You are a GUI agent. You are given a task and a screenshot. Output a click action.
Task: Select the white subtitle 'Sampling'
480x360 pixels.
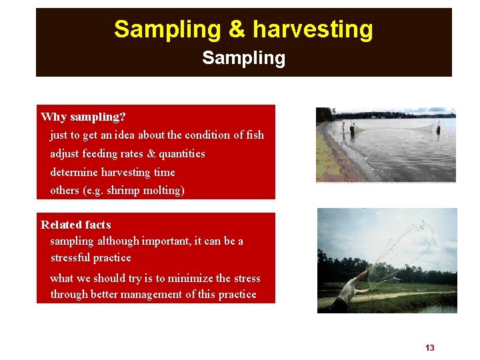243,58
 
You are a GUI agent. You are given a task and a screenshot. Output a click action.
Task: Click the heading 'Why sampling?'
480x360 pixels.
83,117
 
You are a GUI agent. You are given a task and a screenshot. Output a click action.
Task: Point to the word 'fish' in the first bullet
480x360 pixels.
255,135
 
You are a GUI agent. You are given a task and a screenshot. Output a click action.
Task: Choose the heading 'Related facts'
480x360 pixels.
76,225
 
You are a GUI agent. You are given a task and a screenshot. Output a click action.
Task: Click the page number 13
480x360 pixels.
429,348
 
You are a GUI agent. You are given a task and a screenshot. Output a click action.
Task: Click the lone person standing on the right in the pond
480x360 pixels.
438,127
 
